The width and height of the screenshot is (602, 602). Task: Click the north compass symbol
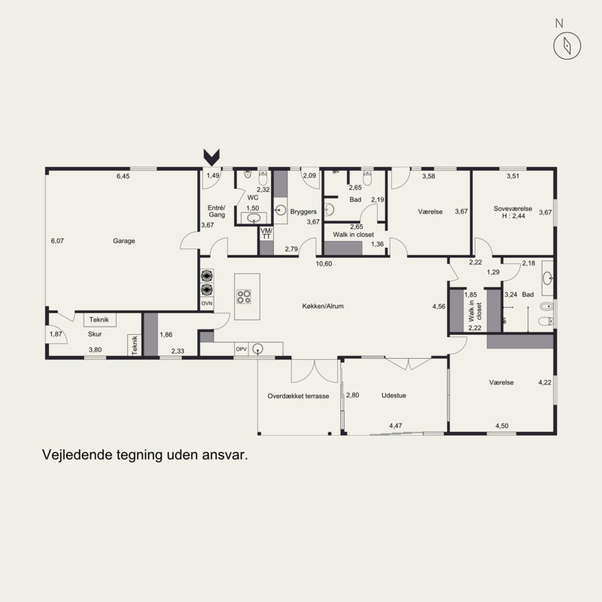[567, 46]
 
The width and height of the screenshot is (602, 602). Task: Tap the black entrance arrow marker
[211, 157]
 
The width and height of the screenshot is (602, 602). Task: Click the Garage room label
[124, 241]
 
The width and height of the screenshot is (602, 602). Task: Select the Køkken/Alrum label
[323, 306]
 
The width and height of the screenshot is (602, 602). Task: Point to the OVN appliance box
[207, 303]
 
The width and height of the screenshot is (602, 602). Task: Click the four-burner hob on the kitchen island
[244, 296]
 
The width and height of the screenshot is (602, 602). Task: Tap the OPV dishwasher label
[241, 349]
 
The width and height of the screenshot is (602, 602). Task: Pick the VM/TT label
[266, 233]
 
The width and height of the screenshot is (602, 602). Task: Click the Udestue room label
[394, 396]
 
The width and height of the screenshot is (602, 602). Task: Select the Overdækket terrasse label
[298, 397]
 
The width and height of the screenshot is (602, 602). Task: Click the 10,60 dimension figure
[324, 264]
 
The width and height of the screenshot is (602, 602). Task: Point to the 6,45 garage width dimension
[123, 176]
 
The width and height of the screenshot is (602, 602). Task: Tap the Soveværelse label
[513, 208]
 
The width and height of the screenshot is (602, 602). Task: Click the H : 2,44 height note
[514, 216]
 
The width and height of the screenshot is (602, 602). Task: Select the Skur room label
[95, 334]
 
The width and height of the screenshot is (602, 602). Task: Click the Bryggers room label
[303, 211]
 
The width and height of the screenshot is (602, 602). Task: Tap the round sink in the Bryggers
[281, 211]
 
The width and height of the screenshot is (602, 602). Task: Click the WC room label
[253, 198]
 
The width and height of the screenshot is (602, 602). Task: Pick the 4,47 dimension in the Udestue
[396, 425]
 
